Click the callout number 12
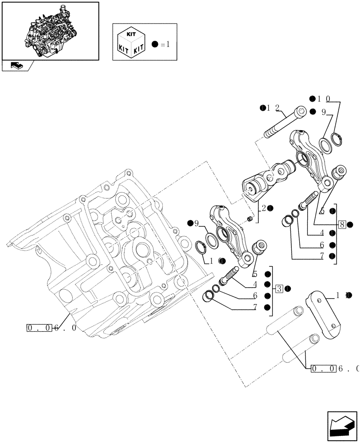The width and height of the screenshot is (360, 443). (x=276, y=108)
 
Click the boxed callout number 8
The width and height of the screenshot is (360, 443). (x=342, y=225)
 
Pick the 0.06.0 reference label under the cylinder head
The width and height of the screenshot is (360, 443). (x=51, y=328)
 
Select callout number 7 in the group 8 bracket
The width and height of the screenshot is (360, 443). (x=321, y=256)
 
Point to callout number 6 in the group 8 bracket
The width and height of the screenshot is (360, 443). (x=321, y=245)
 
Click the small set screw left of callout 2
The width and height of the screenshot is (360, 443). (x=250, y=219)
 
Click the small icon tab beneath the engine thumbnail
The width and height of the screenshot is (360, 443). (x=17, y=66)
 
